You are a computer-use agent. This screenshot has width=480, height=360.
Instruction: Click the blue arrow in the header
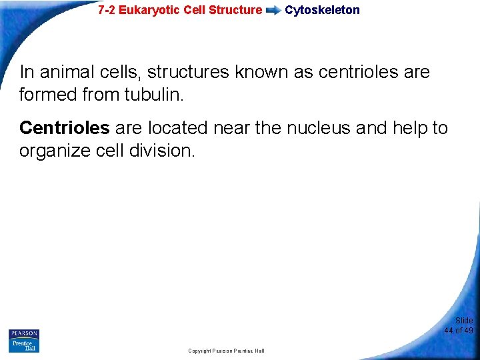(x=273, y=11)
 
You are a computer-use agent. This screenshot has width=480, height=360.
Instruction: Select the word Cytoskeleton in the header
(x=322, y=10)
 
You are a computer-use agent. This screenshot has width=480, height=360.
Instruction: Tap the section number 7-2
(x=107, y=10)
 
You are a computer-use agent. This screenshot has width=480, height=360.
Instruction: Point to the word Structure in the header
(x=239, y=10)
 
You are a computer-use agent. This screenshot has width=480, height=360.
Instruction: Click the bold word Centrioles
(x=64, y=127)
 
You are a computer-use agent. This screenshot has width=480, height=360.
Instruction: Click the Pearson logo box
(x=24, y=333)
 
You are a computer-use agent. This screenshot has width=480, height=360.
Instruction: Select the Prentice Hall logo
(x=24, y=345)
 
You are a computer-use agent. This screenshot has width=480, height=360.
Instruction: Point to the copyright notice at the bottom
(x=226, y=351)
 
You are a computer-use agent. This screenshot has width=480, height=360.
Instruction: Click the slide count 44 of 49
(x=459, y=331)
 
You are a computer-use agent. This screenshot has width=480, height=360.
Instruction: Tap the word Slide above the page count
(x=464, y=321)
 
